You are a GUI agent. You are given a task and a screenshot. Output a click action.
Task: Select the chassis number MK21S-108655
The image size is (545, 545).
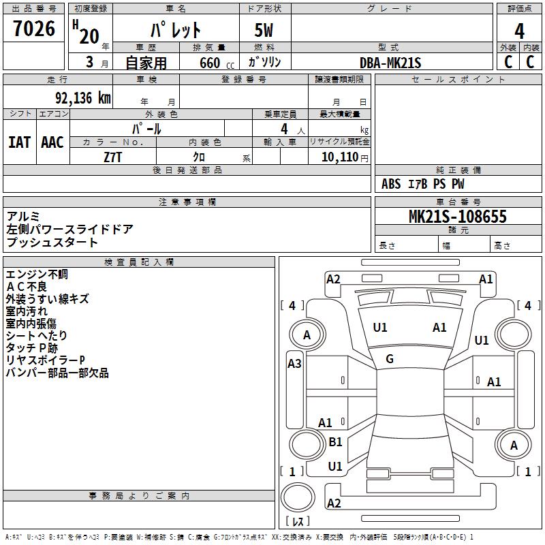(x=458, y=217)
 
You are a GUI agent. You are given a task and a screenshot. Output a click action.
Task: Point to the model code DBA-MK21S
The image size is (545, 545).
(x=391, y=63)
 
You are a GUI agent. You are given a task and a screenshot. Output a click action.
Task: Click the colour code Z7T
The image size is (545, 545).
(x=113, y=156)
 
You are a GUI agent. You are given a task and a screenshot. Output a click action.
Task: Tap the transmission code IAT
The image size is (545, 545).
(x=19, y=142)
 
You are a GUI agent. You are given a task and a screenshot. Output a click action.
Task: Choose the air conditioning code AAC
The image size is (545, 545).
(x=52, y=142)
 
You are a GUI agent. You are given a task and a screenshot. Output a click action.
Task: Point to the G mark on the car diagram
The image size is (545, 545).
(x=390, y=359)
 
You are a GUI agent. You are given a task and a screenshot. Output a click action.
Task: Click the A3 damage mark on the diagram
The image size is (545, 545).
(x=294, y=364)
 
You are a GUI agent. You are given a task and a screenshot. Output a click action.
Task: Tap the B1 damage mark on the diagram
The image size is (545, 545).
(x=335, y=442)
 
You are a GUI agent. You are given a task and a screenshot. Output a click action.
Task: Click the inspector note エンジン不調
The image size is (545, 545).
(x=37, y=274)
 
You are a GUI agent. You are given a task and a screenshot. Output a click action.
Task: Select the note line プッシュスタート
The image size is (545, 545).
(x=52, y=243)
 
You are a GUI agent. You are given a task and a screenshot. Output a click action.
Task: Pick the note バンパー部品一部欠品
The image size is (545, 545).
(x=57, y=373)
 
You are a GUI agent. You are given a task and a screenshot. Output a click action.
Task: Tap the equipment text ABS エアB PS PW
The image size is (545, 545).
(x=422, y=184)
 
